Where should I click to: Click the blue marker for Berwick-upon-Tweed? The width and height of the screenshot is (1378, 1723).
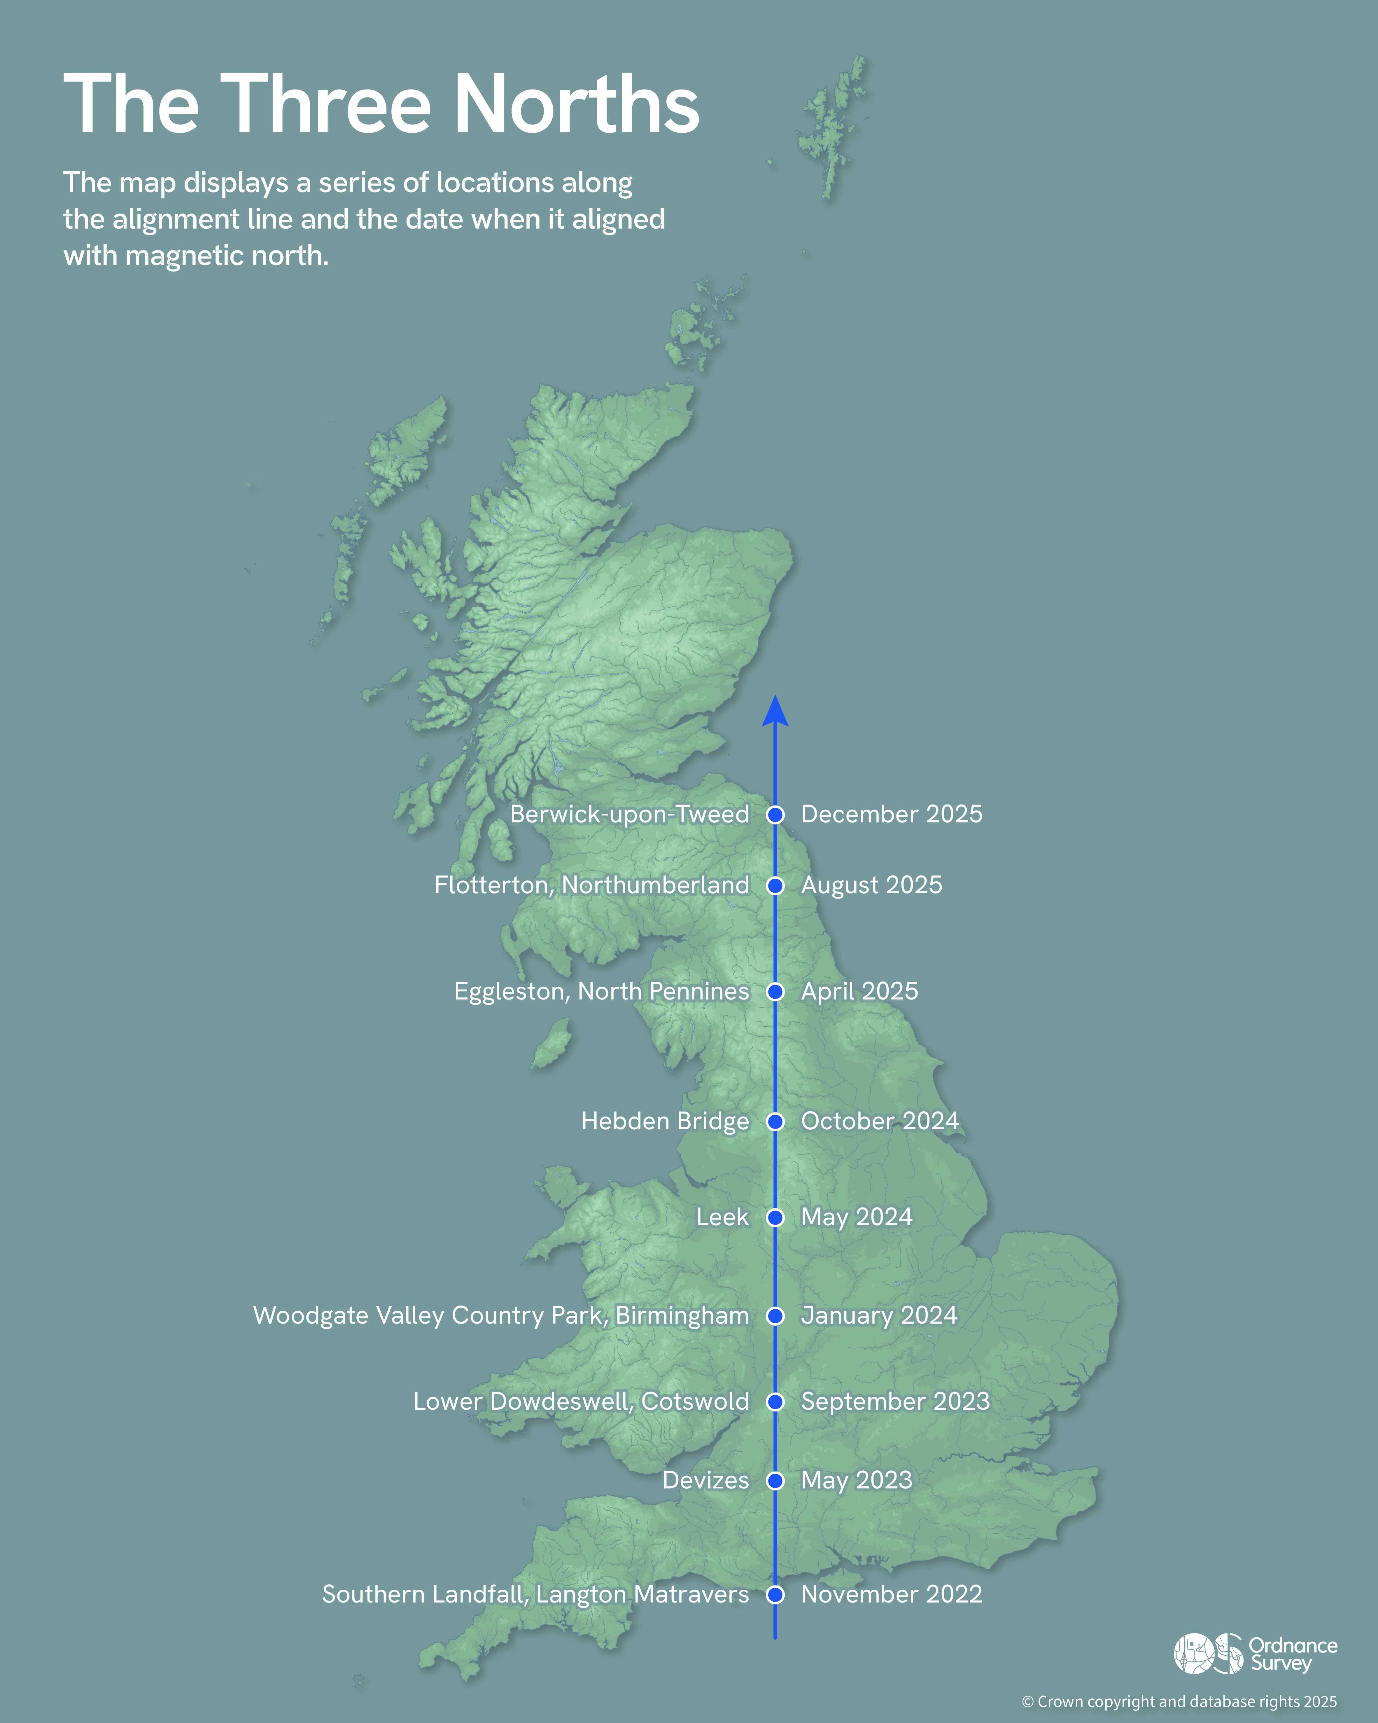775,814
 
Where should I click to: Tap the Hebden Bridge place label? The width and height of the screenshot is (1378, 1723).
665,1121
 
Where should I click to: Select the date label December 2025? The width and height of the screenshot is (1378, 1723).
892,814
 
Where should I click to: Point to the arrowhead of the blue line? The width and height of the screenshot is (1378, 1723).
775,711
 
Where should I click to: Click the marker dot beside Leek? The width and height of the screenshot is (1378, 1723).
775,1217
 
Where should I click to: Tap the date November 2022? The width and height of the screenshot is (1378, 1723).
892,1594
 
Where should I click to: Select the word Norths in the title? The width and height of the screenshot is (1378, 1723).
577,105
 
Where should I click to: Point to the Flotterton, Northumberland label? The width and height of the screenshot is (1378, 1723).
591,885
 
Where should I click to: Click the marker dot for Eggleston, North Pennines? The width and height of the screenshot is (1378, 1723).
775,992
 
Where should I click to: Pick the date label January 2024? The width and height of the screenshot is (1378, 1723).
879,1315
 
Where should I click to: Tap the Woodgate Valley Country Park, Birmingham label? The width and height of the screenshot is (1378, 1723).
501,1315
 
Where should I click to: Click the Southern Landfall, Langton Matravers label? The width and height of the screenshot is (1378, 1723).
535,1594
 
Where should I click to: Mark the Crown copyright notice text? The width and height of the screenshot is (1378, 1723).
1179,1701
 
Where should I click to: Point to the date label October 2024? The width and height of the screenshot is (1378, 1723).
880,1121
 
